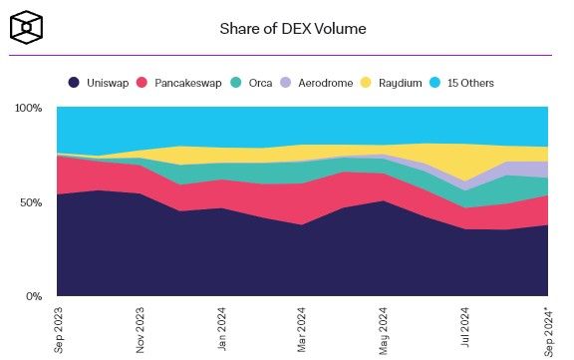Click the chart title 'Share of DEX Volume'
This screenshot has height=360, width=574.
[x=293, y=29]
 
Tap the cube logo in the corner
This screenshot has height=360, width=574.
[x=26, y=27]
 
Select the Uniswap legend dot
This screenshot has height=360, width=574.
[x=74, y=83]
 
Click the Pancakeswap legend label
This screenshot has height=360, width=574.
[x=187, y=83]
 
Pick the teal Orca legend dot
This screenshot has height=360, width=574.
[x=236, y=83]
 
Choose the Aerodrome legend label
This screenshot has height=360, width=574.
[x=326, y=83]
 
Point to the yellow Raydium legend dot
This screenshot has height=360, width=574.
[x=366, y=83]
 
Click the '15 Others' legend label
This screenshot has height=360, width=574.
[x=470, y=83]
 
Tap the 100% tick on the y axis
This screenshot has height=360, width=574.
[x=28, y=108]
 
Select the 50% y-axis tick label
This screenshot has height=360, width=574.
[x=31, y=202]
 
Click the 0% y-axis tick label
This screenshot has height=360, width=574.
[x=34, y=296]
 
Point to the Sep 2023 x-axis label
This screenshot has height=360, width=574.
[x=59, y=330]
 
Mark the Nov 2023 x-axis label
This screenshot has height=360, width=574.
[x=141, y=330]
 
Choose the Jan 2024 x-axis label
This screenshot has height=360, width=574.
[x=222, y=329]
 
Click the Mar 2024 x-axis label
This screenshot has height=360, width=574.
[x=302, y=330]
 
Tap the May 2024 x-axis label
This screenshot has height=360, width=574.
[x=384, y=331]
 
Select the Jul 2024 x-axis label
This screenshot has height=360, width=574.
[x=465, y=327]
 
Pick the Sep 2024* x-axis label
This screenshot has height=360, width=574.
[x=548, y=332]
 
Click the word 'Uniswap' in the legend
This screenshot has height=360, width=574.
[x=108, y=83]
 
